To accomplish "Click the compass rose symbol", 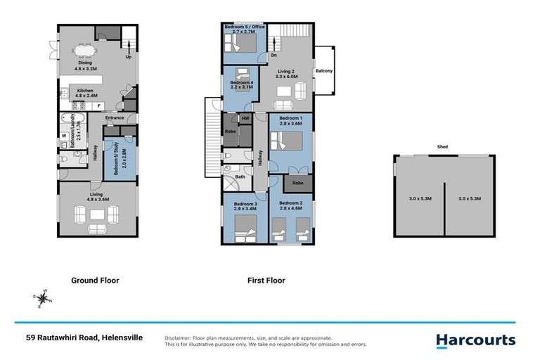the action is (42, 298).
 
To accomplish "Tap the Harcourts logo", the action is (476, 341).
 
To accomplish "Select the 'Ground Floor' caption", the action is (95, 281).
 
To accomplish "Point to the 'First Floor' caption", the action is (266, 281).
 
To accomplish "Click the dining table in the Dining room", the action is (84, 51).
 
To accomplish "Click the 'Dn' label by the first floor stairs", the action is (274, 55).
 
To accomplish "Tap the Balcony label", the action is (324, 70).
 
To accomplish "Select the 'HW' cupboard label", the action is (245, 119).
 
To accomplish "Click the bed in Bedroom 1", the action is (286, 141).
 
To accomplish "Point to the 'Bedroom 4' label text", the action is (242, 83).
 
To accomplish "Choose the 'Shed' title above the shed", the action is (442, 147).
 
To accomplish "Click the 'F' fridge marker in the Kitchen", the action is (99, 106).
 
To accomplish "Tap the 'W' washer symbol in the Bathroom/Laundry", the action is (64, 136).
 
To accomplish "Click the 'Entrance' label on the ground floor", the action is (115, 118).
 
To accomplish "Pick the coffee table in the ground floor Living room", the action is (97, 214).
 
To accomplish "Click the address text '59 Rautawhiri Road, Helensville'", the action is (84, 337).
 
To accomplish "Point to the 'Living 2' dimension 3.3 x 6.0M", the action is (287, 77).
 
